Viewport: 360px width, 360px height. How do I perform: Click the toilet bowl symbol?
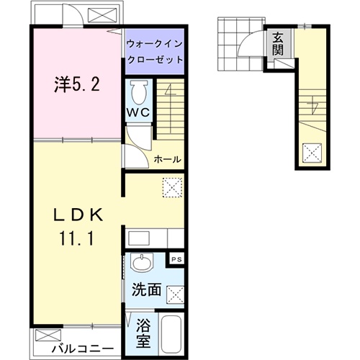click(x=138, y=91)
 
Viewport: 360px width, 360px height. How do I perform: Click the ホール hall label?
click(x=167, y=159)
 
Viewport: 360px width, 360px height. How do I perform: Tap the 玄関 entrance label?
click(x=277, y=45)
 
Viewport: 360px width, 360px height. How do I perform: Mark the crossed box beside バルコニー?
click(x=44, y=335)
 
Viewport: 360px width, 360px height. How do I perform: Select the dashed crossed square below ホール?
click(x=173, y=186)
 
